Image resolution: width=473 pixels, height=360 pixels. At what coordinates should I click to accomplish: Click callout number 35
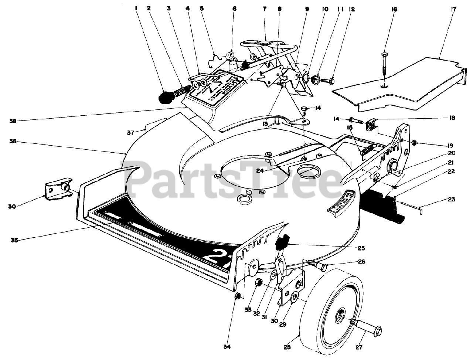14,240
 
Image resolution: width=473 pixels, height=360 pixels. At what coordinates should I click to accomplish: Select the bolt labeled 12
327,79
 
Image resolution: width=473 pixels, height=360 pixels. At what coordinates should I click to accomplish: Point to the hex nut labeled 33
259,283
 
